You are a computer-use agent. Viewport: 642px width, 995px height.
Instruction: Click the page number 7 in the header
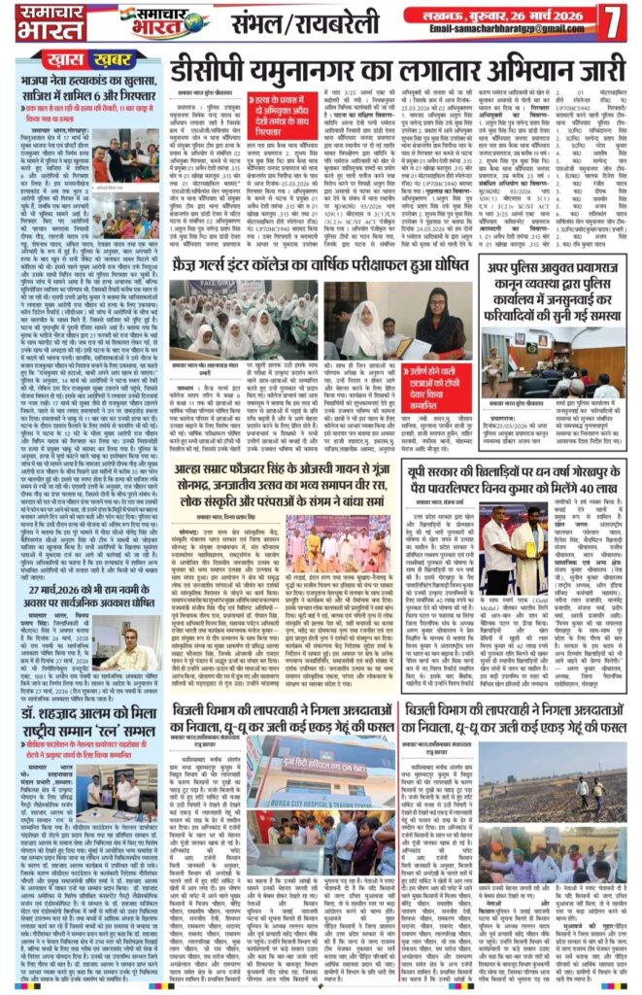point(613,22)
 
